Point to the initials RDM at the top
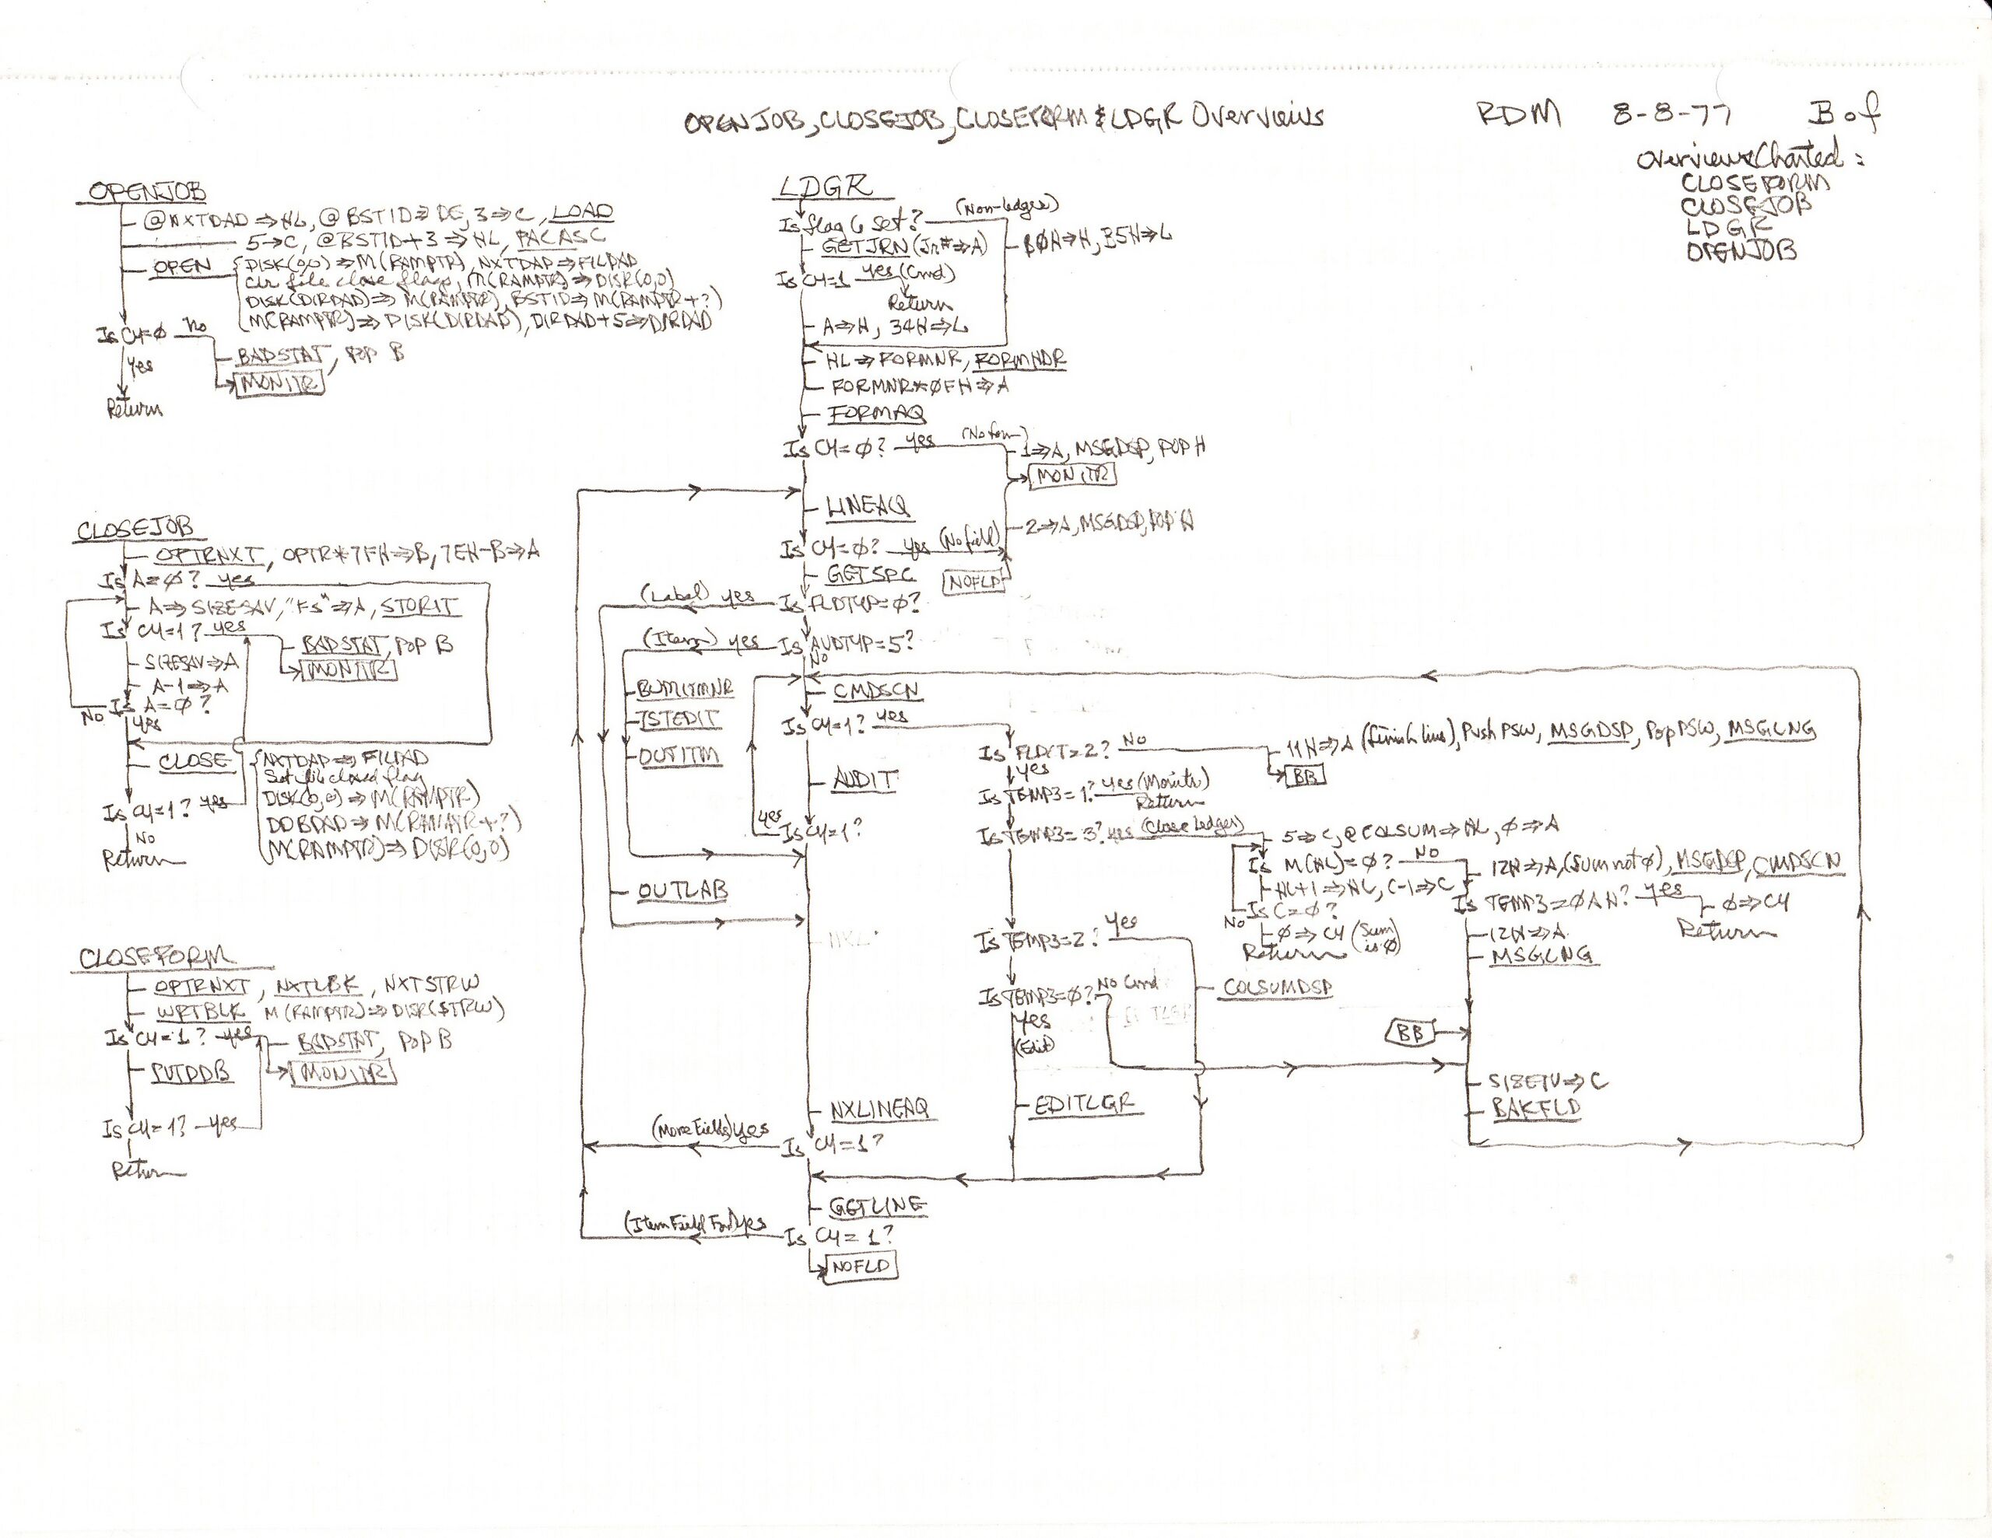tap(1519, 115)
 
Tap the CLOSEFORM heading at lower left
tap(155, 958)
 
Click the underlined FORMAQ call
tap(875, 414)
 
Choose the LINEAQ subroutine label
tap(868, 508)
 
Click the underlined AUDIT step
tap(864, 779)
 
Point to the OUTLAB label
tap(682, 891)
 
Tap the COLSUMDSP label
tap(1277, 987)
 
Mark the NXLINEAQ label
tap(879, 1109)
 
